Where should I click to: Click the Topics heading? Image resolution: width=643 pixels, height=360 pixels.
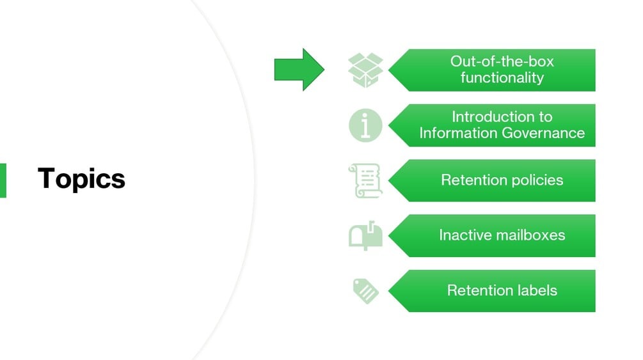point(81,178)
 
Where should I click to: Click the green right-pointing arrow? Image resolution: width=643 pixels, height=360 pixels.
point(299,69)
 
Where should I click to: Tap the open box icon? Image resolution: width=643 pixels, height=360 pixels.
point(365,70)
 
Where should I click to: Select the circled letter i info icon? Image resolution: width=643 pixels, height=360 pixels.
point(365,125)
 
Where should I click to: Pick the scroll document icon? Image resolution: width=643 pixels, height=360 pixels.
point(365,180)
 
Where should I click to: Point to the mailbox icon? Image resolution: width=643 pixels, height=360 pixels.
point(365,235)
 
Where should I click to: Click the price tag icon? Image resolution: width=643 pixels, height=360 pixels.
point(365,291)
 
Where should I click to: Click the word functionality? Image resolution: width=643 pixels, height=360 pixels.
point(502,78)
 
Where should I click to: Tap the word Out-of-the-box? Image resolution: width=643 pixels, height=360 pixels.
point(502,61)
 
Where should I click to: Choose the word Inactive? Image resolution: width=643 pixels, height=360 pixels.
point(461,235)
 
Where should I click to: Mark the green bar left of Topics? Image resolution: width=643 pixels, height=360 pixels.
point(3,180)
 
